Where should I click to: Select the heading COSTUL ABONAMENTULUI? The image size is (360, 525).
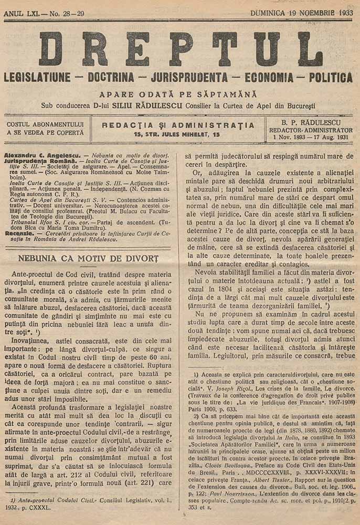click(45, 124)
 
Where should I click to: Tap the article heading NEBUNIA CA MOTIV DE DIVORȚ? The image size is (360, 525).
click(88, 259)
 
